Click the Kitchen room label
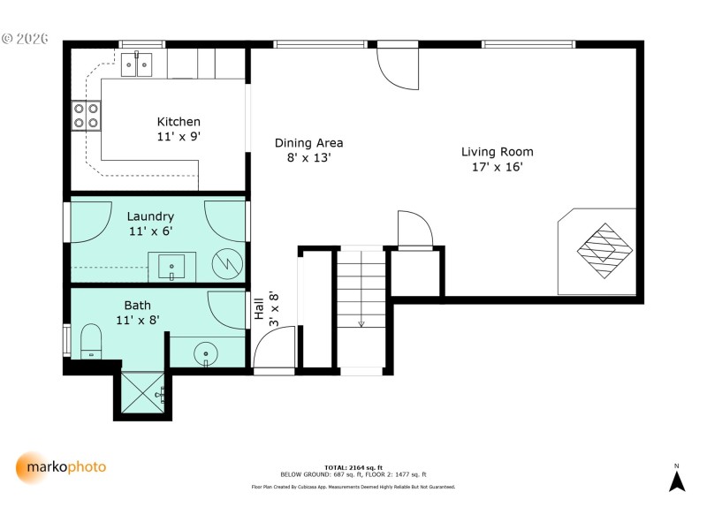coord(179,122)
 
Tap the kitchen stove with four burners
coord(86,115)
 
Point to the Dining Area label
coord(308,143)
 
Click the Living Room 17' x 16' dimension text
coord(497,167)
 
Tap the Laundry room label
coord(150,216)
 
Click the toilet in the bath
coord(90,341)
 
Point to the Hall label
coord(259,309)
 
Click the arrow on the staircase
coord(361,322)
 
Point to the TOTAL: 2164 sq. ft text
coord(353,466)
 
